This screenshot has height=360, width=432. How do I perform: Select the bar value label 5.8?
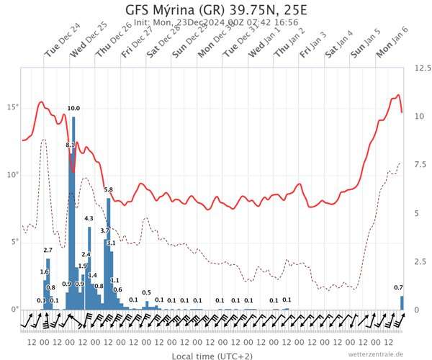109,189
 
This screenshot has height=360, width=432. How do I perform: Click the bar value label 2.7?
48,250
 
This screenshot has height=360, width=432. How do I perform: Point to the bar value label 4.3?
89,218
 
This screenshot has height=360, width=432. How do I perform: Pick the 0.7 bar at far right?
402,303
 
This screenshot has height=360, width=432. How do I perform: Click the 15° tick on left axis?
12,107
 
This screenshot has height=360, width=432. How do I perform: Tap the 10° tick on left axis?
12,174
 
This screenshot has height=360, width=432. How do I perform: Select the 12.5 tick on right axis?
422,68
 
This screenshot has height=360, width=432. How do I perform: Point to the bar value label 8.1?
70,145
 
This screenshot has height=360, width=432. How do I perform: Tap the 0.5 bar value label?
146,292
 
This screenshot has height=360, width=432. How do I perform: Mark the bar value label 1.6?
44,271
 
